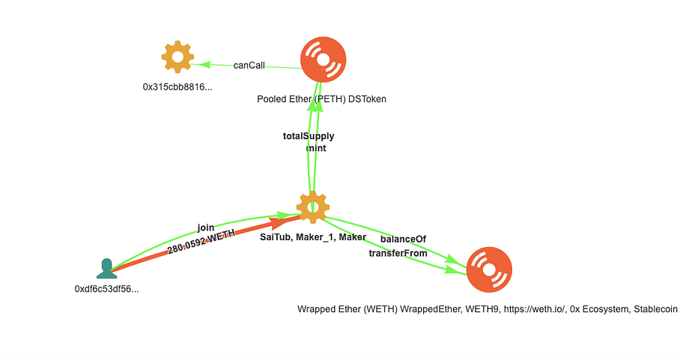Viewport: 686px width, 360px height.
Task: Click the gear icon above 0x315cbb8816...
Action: point(177,57)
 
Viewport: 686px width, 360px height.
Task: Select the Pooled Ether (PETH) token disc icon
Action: point(324,59)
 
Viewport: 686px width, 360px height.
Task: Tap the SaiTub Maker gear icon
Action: point(313,207)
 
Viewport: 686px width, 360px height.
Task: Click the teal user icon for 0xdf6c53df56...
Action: point(107,268)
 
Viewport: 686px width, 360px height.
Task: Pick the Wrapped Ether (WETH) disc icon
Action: point(489,269)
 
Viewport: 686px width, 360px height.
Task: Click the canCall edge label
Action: point(249,65)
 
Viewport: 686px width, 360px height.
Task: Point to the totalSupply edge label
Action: point(309,136)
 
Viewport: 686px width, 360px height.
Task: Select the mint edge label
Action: point(316,148)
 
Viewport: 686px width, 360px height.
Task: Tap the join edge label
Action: point(206,228)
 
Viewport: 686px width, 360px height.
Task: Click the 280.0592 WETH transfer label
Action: point(201,242)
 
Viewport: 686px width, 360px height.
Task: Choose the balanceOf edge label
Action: point(403,239)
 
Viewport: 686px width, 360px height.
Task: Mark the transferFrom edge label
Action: point(398,253)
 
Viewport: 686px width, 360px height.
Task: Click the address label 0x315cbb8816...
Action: point(177,87)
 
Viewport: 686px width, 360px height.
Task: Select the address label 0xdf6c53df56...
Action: point(107,289)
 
